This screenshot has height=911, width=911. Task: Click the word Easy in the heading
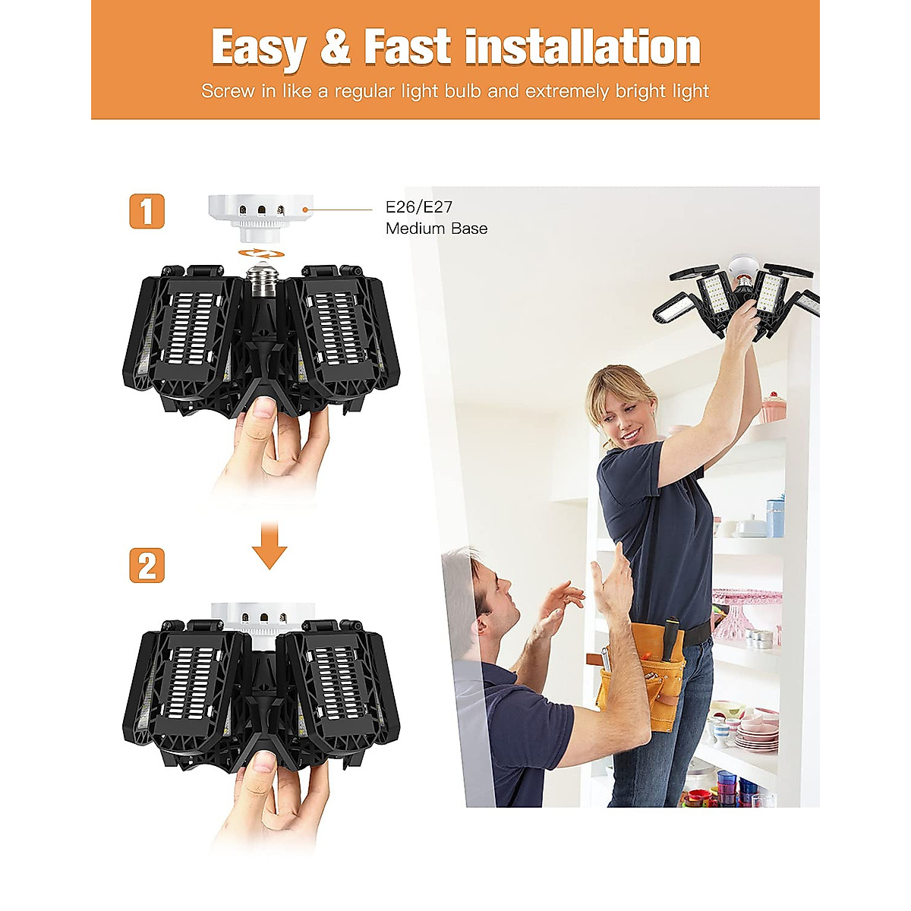(x=258, y=48)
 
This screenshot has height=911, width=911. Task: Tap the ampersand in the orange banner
(x=335, y=48)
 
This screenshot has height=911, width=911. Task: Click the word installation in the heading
(x=582, y=48)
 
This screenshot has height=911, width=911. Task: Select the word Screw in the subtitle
(x=228, y=92)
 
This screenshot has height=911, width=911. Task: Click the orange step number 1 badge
(x=147, y=211)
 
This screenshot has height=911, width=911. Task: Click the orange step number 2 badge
(x=147, y=566)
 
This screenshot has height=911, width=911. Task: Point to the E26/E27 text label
(x=419, y=206)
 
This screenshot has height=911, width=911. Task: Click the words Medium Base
(x=437, y=229)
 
